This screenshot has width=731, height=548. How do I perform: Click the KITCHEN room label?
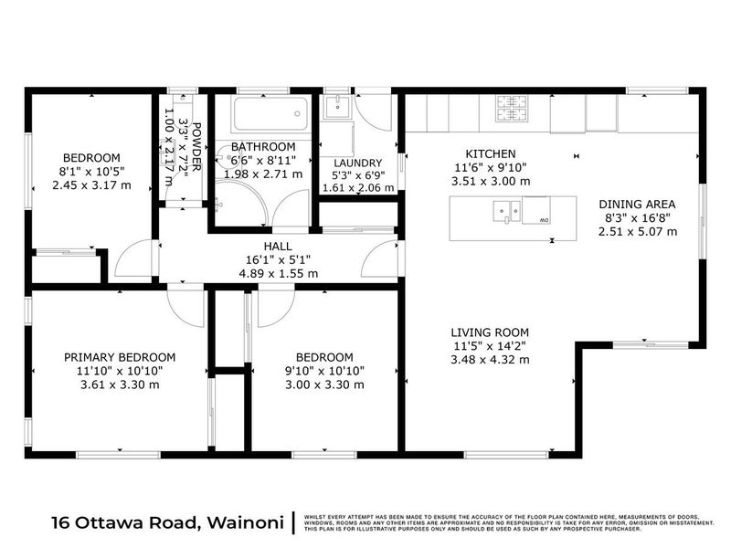tap(491, 154)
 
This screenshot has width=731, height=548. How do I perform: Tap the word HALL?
tap(278, 246)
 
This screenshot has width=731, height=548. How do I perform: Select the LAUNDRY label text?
tap(357, 163)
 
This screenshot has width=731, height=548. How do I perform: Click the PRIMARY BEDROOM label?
tap(119, 357)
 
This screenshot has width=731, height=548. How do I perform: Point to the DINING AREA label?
tap(637, 204)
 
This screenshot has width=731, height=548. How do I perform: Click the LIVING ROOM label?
tap(490, 332)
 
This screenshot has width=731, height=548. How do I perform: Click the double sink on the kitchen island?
tap(506, 213)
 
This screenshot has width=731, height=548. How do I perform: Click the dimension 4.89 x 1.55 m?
tap(278, 272)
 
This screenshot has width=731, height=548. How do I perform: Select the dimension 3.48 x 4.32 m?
tap(490, 360)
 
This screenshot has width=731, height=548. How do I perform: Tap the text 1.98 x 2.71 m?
tap(262, 174)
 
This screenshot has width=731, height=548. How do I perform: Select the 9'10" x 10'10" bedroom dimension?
tap(324, 371)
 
